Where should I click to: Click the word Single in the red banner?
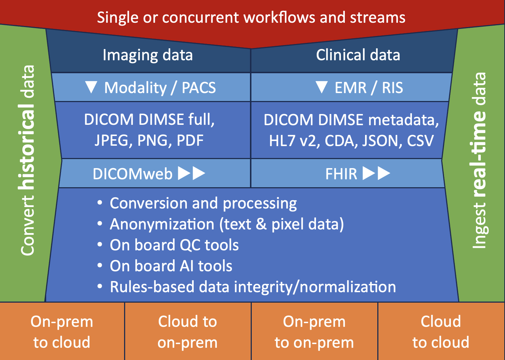[118, 18]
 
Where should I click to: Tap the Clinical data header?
[358, 55]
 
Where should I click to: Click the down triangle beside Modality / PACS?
[91, 87]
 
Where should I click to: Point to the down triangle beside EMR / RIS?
[321, 87]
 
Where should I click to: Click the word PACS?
[199, 87]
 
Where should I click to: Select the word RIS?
[392, 87]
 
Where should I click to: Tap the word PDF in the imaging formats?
[190, 140]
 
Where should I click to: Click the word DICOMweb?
[133, 174]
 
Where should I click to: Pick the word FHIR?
[341, 174]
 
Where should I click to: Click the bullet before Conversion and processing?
[100, 202]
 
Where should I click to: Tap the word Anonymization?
[162, 224]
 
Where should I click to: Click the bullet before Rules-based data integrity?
[100, 286]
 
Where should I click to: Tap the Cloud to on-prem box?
[188, 331]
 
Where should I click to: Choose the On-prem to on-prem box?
[315, 331]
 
